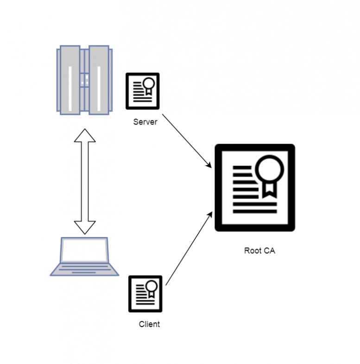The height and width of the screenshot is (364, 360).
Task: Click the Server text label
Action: pyautogui.click(x=145, y=122)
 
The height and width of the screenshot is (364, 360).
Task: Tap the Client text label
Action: pyautogui.click(x=149, y=324)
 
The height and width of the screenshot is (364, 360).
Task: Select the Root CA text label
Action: pyautogui.click(x=259, y=251)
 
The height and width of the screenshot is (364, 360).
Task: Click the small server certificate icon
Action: pyautogui.click(x=143, y=91)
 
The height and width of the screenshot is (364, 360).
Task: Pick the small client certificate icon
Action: pyautogui.click(x=145, y=294)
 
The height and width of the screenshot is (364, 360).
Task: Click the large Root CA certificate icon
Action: pyautogui.click(x=255, y=188)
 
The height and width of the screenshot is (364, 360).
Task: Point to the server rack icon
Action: pyautogui.click(x=84, y=79)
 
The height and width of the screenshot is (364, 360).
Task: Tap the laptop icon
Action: pyautogui.click(x=84, y=257)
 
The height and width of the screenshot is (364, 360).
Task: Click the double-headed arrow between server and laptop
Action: pyautogui.click(x=85, y=181)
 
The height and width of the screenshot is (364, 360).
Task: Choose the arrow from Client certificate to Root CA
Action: pyautogui.click(x=189, y=248)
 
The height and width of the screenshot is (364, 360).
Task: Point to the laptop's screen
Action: pyautogui.click(x=85, y=250)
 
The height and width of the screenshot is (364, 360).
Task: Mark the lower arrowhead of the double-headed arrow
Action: pyautogui.click(x=85, y=227)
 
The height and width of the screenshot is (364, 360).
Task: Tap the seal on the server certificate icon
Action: pyautogui.click(x=149, y=85)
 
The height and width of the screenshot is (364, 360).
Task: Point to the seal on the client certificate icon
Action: pyautogui.click(x=152, y=288)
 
